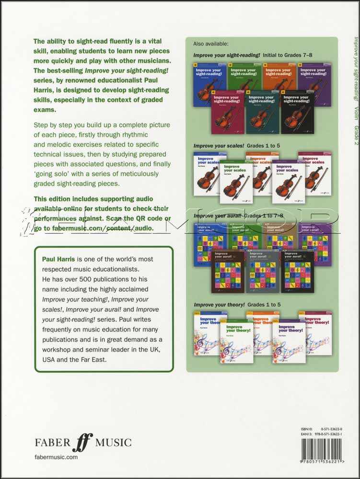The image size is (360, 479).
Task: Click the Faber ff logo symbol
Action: (82, 442)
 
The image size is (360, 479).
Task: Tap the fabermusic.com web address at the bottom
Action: (56, 457)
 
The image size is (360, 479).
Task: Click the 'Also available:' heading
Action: (211, 44)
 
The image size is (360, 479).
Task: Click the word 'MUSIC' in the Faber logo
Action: (113, 443)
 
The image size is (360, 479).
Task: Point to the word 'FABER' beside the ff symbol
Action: (52, 443)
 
